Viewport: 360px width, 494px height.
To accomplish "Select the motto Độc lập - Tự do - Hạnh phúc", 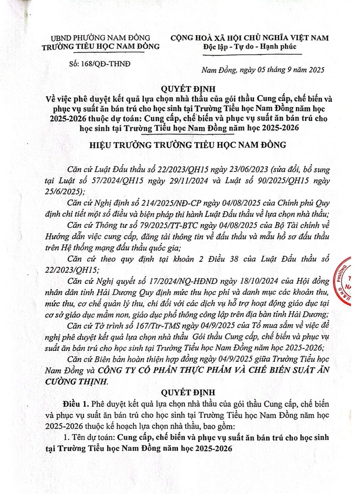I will point(249,46).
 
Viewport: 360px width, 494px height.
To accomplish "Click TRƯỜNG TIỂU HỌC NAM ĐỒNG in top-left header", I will point(101,46).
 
